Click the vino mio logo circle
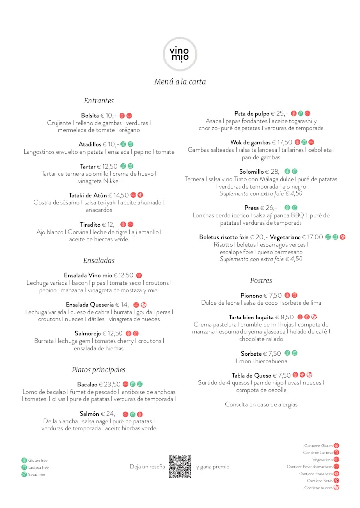[180, 54]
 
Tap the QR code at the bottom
[180, 466]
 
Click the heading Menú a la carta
[180, 82]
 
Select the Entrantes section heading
[99, 101]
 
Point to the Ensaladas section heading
[99, 260]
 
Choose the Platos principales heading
[99, 370]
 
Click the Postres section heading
[261, 280]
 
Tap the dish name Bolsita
[90, 115]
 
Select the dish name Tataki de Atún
[88, 195]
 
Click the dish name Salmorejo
[91, 333]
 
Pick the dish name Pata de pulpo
[252, 114]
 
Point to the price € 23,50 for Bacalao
[110, 384]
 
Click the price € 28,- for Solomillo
[273, 172]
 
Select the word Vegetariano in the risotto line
[289, 237]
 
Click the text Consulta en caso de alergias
[261, 404]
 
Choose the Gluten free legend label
[38, 460]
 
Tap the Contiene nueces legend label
[318, 488]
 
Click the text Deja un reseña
[147, 466]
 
